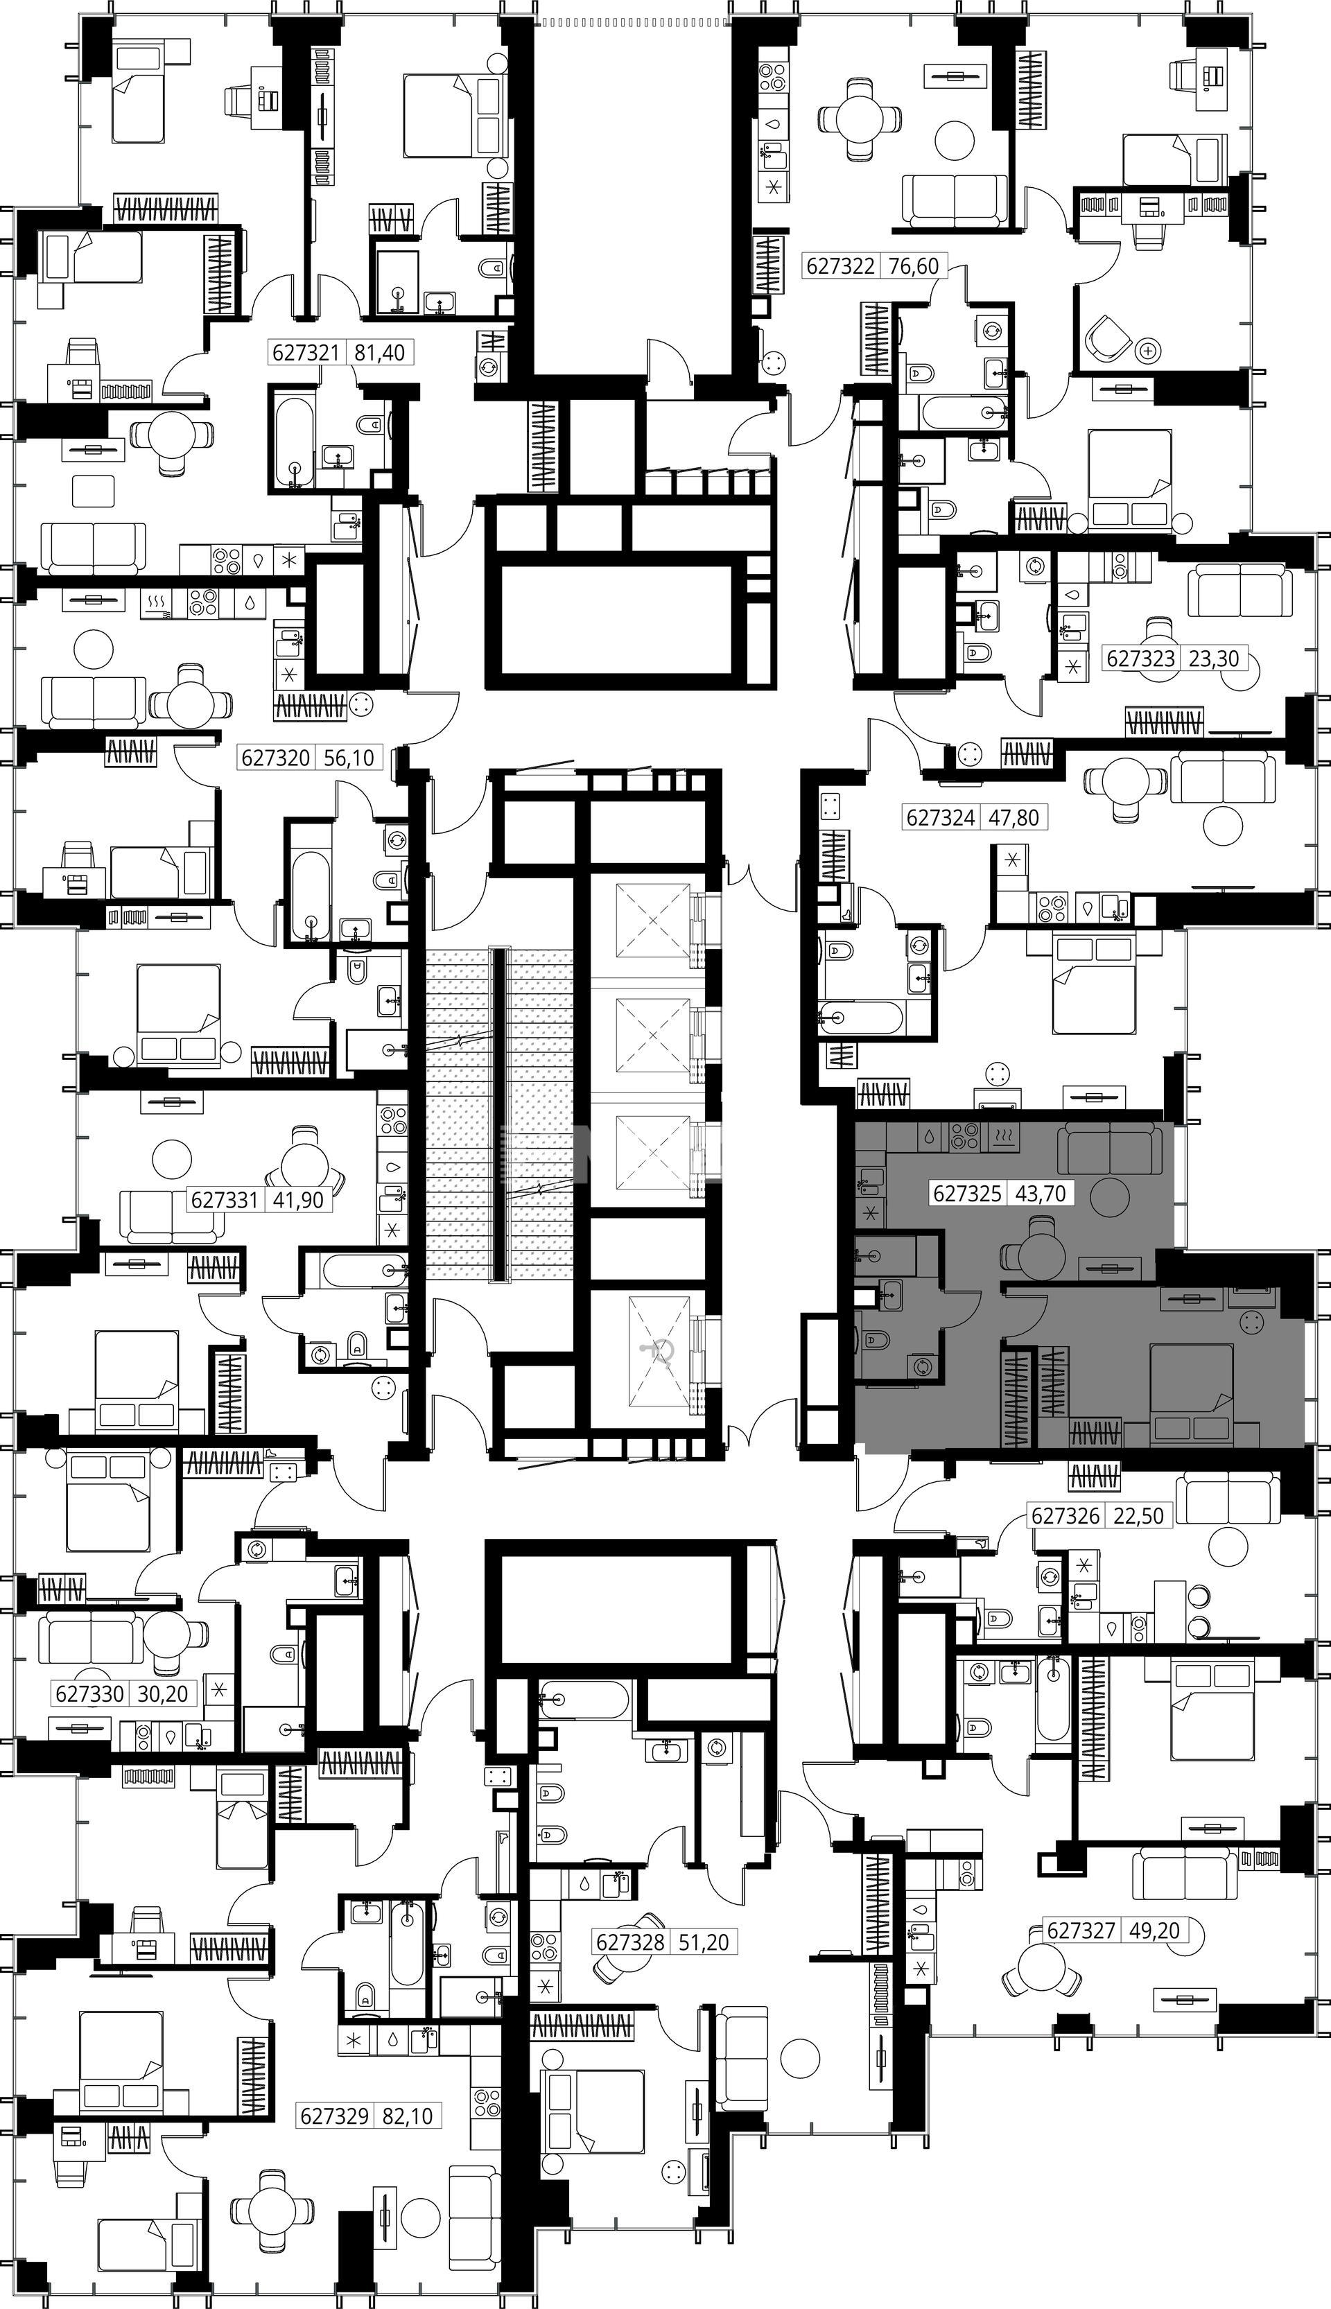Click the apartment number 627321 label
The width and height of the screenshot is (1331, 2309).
[x=306, y=352]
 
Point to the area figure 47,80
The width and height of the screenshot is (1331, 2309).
[x=1015, y=817]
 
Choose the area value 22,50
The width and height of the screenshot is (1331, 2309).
[x=1139, y=1515]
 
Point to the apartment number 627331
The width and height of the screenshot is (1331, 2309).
[x=225, y=1199]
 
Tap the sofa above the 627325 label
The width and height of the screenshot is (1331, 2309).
[x=1111, y=1149]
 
